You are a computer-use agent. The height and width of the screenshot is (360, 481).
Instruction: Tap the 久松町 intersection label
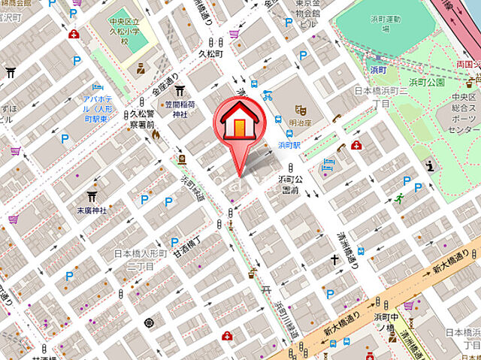pyautogui.click(x=212, y=54)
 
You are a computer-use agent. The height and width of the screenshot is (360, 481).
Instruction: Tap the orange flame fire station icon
pyautogui.click(x=156, y=135)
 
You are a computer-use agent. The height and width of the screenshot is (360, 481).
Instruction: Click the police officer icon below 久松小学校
pyautogui.click(x=139, y=70)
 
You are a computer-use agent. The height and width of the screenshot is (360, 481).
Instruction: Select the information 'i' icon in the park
pyautogui.click(x=430, y=165)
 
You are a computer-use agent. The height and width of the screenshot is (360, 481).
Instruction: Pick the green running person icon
pyautogui.click(x=399, y=198)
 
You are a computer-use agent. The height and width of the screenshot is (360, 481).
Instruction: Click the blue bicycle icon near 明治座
pyautogui.click(x=268, y=94)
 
